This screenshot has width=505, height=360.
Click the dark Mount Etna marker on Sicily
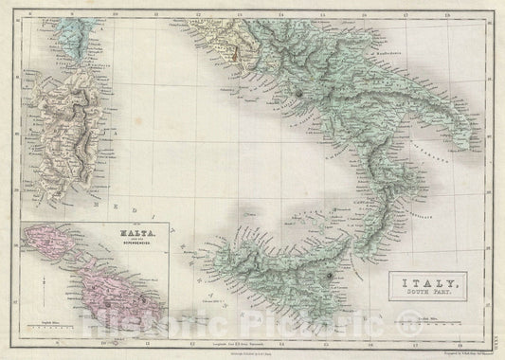click(330, 275)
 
